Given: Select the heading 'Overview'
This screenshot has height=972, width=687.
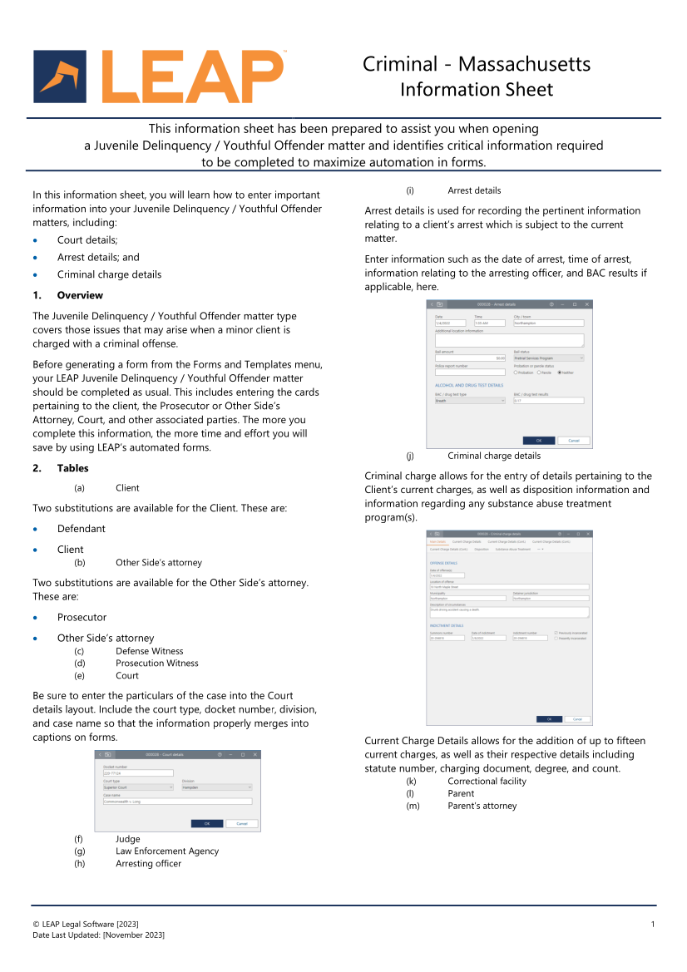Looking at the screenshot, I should pyautogui.click(x=80, y=295).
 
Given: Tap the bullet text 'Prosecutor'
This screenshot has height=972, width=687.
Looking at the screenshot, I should pyautogui.click(x=82, y=617).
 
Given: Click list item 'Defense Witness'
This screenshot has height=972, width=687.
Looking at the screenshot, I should pyautogui.click(x=150, y=651).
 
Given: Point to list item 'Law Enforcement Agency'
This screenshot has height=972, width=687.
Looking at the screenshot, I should pyautogui.click(x=167, y=851).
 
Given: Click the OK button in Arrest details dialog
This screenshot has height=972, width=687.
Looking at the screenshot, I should pyautogui.click(x=538, y=441).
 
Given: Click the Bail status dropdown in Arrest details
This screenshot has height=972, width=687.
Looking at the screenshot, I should pyautogui.click(x=548, y=358).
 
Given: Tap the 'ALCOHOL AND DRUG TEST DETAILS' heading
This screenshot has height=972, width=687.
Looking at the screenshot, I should pyautogui.click(x=469, y=386).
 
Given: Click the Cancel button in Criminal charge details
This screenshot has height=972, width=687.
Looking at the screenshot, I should pyautogui.click(x=576, y=719).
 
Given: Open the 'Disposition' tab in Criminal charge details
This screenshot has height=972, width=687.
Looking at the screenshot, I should pyautogui.click(x=482, y=550).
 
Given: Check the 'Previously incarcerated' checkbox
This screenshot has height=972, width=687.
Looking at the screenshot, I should pyautogui.click(x=556, y=633).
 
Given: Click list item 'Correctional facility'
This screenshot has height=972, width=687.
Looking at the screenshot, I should pyautogui.click(x=487, y=781).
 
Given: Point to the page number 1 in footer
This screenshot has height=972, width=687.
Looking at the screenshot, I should pyautogui.click(x=653, y=925).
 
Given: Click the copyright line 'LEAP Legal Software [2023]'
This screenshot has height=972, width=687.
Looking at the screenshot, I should pyautogui.click(x=86, y=925).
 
